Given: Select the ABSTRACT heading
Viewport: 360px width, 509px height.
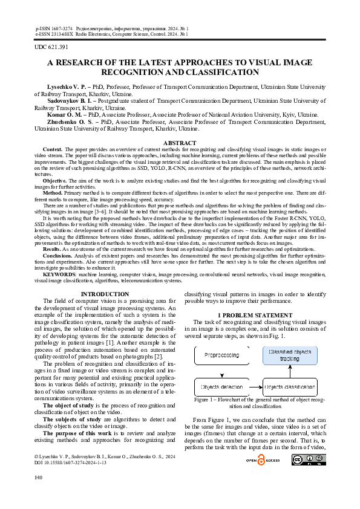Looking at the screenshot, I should click(x=180, y=143).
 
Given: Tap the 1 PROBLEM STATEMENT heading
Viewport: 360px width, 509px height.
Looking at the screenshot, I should click(x=255, y=316).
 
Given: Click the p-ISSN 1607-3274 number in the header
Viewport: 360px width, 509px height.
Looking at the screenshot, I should click(x=54, y=28).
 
